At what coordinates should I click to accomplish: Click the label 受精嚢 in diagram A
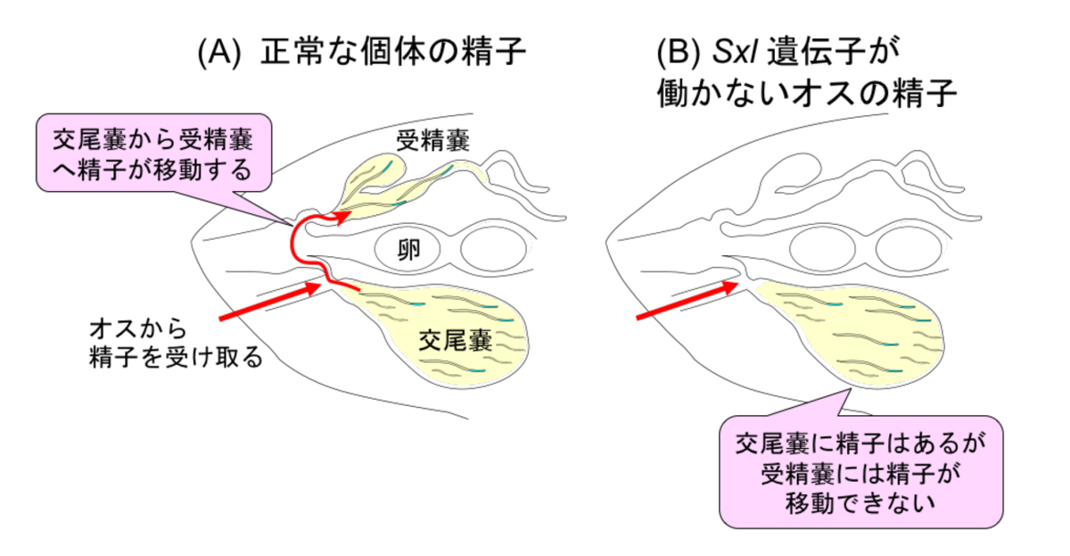pos(433,139)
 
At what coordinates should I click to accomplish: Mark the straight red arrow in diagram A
pos(267,302)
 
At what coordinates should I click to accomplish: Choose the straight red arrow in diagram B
pos(687,302)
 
